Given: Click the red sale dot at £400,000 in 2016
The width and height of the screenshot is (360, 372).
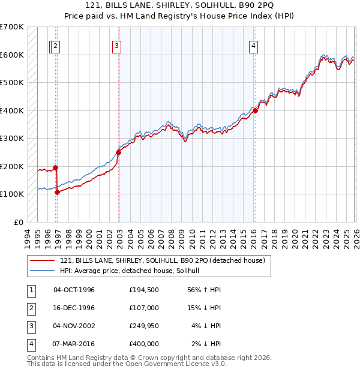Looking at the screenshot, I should (255, 110).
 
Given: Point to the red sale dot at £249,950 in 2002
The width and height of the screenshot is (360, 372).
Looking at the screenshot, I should (118, 152).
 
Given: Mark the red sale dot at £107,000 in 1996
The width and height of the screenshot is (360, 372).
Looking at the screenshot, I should (57, 192).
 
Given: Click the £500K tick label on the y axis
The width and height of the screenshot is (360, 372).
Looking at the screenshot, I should (12, 83).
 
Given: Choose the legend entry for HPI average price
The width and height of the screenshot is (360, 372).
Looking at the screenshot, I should (133, 271).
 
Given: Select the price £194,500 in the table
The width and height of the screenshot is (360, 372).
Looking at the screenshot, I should (143, 290).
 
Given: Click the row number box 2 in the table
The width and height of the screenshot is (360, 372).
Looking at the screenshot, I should (30, 307).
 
